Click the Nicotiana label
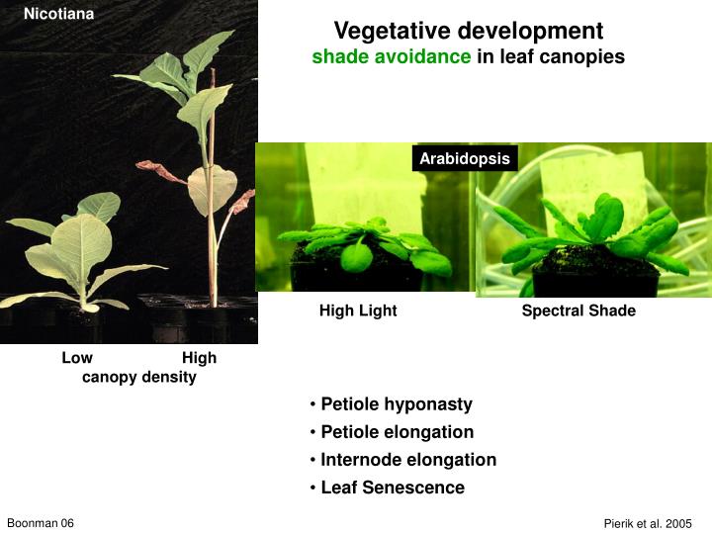58,14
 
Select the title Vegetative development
468,32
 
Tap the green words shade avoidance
392,57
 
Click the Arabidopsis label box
465,159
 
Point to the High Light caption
358,311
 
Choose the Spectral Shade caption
578,311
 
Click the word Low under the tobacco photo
77,358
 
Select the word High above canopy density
199,358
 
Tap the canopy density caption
138,377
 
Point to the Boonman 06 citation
41,522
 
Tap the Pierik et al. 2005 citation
648,523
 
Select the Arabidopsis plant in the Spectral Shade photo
593,232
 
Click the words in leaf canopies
551,57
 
